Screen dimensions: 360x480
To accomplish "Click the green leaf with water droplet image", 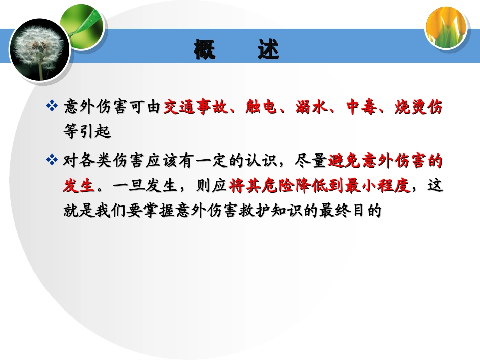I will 81,24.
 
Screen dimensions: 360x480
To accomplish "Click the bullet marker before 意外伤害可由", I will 52,107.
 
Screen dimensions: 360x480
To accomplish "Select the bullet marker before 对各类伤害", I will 52,161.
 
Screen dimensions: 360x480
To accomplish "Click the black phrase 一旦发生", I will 147,186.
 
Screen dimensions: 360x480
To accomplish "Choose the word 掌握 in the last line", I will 155,211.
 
